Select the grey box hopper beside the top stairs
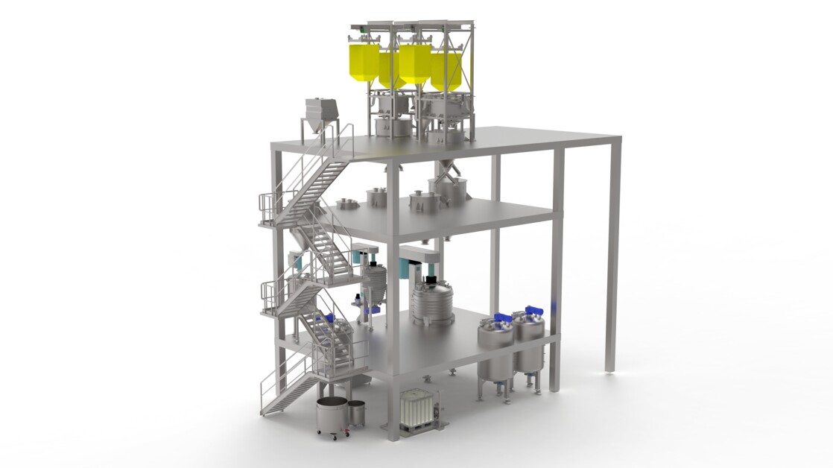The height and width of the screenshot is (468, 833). (321, 113)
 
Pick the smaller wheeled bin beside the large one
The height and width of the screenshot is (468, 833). (357, 413)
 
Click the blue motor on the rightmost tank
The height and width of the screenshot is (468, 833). (533, 311)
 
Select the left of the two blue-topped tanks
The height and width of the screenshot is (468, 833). (495, 350)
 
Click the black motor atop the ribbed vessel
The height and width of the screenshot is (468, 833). (430, 282)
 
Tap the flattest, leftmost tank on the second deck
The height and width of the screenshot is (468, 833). (346, 203)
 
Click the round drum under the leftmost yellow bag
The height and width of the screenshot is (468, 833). (392, 127)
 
